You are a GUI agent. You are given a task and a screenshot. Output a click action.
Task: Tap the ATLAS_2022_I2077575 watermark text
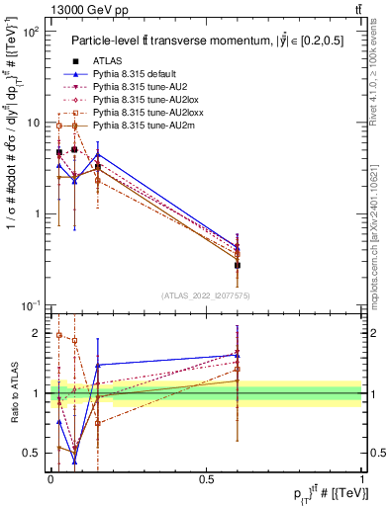pos(207,295)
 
